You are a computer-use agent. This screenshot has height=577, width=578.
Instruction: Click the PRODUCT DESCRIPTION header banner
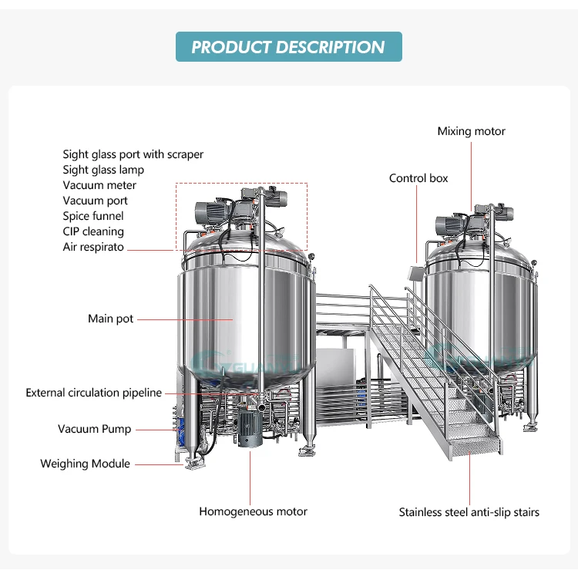click(x=288, y=47)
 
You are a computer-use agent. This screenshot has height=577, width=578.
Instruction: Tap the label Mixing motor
click(x=471, y=131)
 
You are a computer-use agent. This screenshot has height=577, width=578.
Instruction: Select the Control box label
click(x=418, y=178)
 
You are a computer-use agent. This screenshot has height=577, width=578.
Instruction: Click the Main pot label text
click(x=110, y=319)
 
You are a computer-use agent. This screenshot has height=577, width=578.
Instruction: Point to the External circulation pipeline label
click(x=93, y=393)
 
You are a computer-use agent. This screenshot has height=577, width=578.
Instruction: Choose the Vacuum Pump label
click(x=94, y=429)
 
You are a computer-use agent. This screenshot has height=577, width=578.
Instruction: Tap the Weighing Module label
click(x=85, y=464)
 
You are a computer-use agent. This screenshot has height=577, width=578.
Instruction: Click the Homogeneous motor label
click(x=253, y=511)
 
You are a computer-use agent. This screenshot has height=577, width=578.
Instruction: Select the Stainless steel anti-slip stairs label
click(x=469, y=511)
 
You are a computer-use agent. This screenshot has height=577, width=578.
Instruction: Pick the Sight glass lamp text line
click(x=103, y=170)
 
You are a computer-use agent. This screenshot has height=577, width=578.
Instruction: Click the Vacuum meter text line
click(x=99, y=185)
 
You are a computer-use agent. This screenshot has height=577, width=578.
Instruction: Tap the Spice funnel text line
click(x=92, y=216)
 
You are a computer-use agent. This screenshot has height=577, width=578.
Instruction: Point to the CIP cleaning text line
click(x=93, y=231)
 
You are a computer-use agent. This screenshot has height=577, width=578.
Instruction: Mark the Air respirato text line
click(x=93, y=247)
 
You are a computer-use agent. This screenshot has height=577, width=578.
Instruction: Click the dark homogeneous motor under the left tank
click(x=249, y=426)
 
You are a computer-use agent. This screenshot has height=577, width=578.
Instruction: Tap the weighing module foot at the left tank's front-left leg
click(x=193, y=462)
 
